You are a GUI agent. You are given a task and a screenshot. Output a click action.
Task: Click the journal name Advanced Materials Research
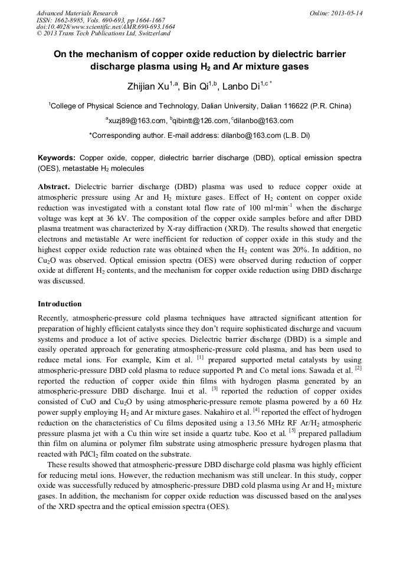(x=77, y=13)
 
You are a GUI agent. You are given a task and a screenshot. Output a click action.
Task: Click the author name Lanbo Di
(x=242, y=87)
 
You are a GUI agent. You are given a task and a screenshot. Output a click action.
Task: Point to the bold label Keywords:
(x=57, y=158)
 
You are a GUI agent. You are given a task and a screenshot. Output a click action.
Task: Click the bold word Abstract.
(x=54, y=187)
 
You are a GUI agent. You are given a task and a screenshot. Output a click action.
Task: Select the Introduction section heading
(x=60, y=304)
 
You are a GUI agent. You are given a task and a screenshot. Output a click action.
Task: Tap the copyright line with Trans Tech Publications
(x=103, y=34)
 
